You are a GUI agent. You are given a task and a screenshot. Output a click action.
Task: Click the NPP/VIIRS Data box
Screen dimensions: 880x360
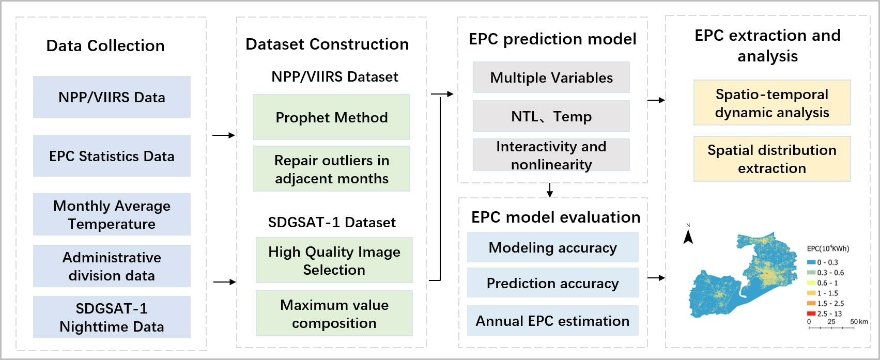pos(112,97)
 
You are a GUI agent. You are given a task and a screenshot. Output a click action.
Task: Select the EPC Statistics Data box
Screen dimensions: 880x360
pos(112,156)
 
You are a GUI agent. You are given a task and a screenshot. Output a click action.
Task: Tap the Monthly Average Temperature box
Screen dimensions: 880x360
pos(112,214)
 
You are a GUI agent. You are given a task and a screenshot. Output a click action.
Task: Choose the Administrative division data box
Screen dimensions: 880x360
pos(112,266)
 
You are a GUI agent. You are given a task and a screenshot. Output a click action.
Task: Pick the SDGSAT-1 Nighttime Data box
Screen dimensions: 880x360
pos(112,317)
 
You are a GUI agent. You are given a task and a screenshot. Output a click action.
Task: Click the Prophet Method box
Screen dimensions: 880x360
pos(332,117)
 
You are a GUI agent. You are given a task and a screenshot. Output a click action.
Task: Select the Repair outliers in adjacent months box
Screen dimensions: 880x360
pos(332,169)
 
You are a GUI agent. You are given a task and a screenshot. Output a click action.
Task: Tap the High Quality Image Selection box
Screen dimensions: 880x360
pos(334,260)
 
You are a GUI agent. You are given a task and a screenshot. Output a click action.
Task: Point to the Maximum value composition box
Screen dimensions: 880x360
pos(334,314)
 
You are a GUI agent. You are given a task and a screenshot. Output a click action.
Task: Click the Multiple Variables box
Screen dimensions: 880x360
pos(551,77)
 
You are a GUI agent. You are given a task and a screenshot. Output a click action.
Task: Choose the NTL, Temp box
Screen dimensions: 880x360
pos(551,116)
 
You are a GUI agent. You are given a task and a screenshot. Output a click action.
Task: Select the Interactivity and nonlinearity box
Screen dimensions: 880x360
pos(551,154)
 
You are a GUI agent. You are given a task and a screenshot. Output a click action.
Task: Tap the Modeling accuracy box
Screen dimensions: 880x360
pos(553,247)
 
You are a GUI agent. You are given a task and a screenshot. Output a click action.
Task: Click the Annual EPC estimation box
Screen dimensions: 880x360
pos(553,321)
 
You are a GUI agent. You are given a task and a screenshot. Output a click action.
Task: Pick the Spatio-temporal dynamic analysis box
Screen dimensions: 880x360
pos(772,103)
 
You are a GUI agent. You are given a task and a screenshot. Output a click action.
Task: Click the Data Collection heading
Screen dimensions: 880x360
pos(105,45)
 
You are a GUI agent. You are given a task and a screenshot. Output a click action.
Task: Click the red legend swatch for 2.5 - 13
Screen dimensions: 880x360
pos(811,314)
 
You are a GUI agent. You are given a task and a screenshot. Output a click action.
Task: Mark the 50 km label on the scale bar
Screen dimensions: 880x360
pos(859,322)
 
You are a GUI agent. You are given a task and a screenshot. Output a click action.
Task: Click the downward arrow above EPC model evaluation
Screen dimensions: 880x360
pos(550,190)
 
